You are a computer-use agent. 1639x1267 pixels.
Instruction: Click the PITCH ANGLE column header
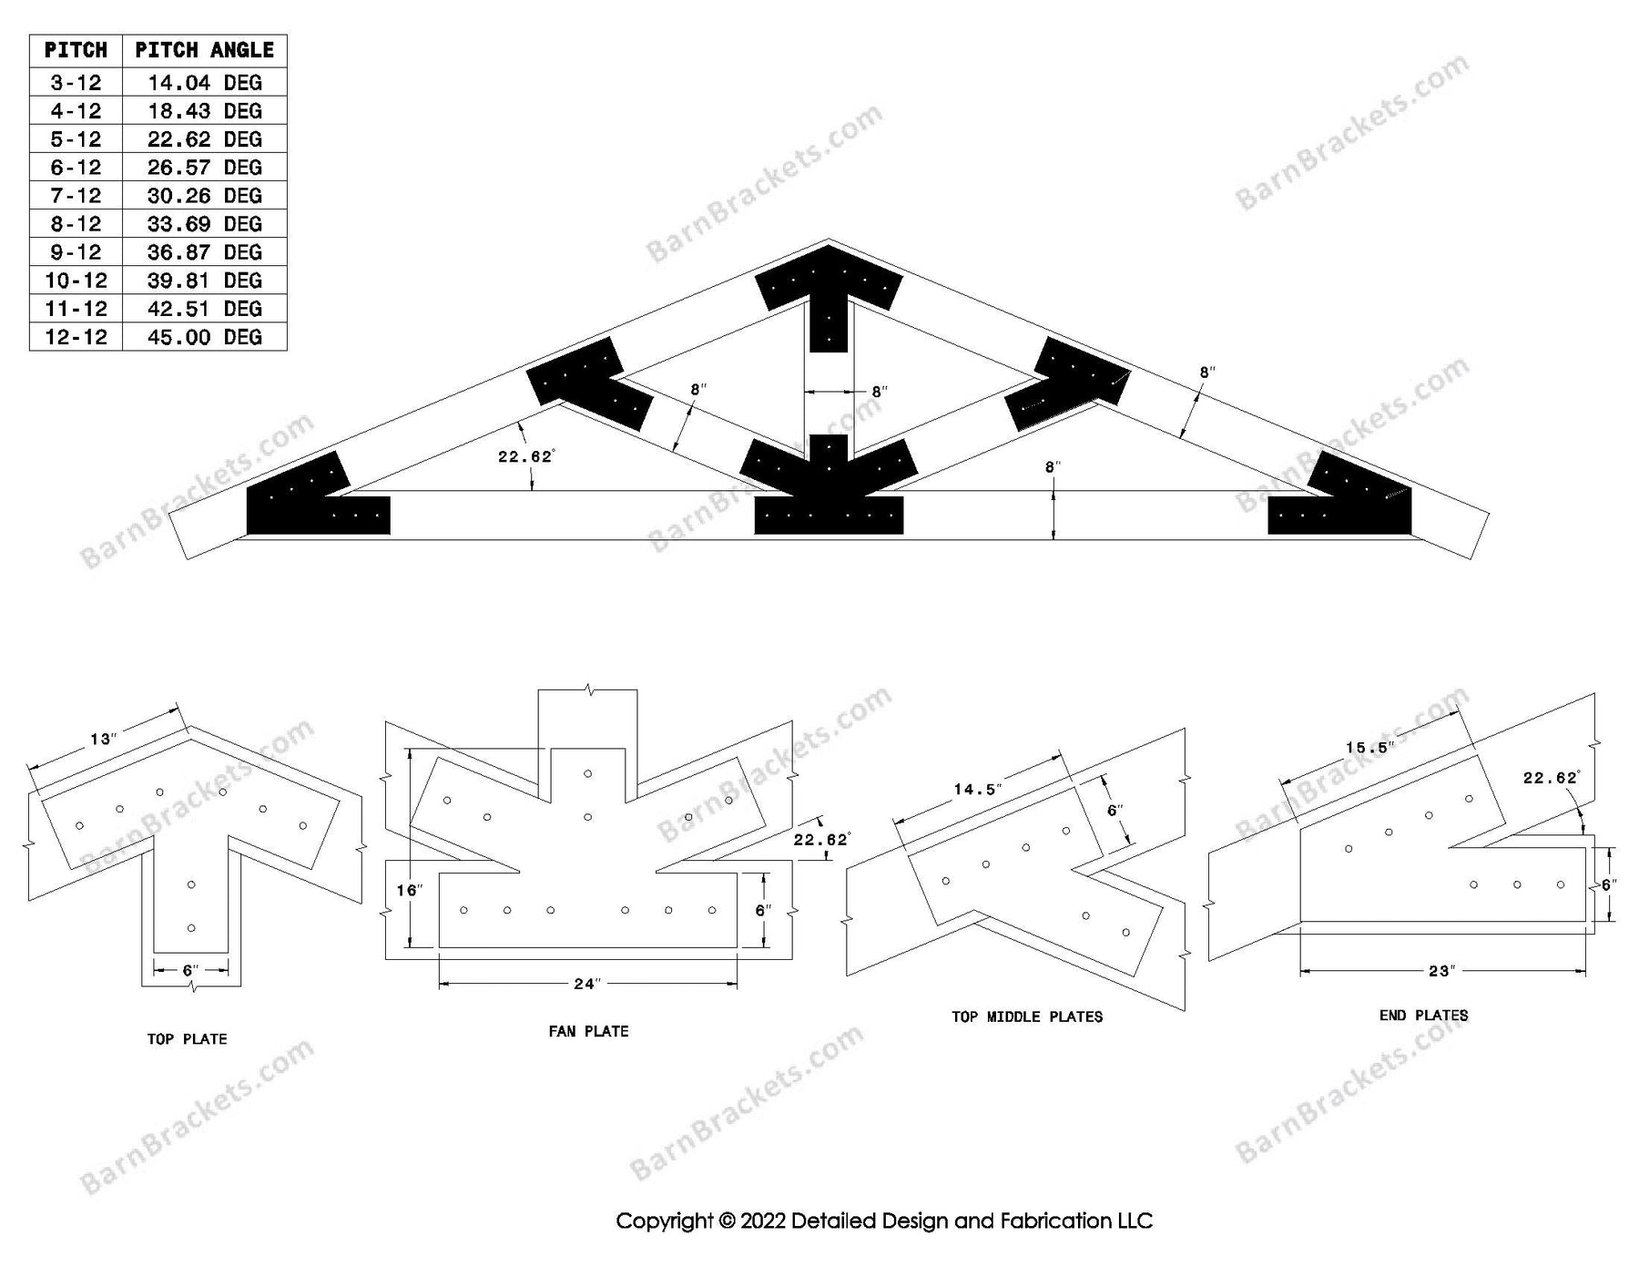[x=204, y=50]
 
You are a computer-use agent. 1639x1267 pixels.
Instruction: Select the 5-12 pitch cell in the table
[x=76, y=139]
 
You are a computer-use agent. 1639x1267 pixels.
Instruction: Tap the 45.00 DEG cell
[x=204, y=337]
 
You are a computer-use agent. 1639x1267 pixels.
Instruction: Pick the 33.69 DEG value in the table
[x=204, y=224]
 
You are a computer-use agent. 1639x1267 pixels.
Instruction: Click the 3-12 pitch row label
[x=76, y=83]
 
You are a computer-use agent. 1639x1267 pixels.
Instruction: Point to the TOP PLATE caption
[x=187, y=1038]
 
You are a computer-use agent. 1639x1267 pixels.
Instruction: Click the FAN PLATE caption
[x=588, y=1031]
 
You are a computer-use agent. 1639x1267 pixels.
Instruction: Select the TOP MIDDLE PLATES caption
[x=1026, y=1017]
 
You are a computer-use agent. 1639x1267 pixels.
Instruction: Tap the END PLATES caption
[x=1423, y=1015]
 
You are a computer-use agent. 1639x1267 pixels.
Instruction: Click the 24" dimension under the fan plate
[x=587, y=984]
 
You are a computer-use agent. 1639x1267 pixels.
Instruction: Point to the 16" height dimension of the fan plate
[x=409, y=890]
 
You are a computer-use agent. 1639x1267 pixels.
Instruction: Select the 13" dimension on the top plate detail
[x=103, y=739]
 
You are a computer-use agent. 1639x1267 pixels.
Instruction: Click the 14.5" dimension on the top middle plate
[x=977, y=789]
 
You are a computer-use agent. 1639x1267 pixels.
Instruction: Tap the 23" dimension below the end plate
[x=1440, y=971]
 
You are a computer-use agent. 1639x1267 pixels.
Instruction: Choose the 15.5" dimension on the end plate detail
[x=1369, y=748]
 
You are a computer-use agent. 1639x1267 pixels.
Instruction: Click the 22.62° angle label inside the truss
[x=525, y=456]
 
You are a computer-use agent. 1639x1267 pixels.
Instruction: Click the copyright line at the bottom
[x=883, y=1221]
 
